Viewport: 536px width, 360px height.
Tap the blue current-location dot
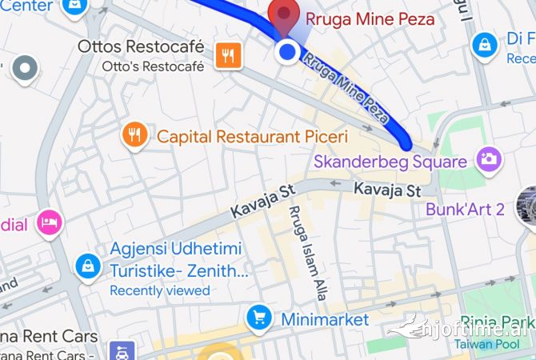287,53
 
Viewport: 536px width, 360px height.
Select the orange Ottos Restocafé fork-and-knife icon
229,55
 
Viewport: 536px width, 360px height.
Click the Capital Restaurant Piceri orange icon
134,136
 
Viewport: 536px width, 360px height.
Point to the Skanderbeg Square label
390,162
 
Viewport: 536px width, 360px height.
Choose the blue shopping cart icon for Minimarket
259,318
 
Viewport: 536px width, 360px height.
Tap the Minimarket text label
325,319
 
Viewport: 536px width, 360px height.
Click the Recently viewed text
160,290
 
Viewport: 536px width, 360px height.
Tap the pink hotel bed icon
50,224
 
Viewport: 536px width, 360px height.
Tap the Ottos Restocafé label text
140,47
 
